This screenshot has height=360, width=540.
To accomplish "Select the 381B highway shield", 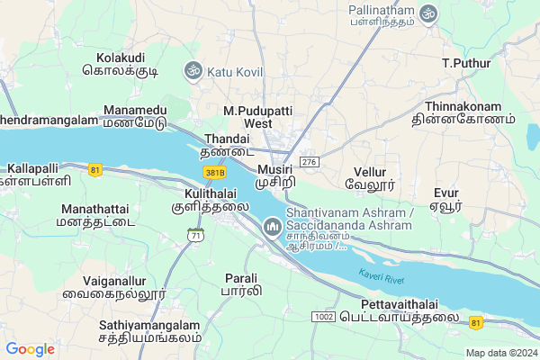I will pyautogui.click(x=214, y=172).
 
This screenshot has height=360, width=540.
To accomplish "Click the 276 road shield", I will pyautogui.click(x=310, y=161).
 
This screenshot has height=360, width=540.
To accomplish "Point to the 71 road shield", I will pyautogui.click(x=196, y=235).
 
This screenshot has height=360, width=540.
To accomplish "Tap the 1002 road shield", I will pyautogui.click(x=324, y=317).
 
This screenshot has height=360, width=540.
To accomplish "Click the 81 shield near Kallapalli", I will pyautogui.click(x=95, y=168).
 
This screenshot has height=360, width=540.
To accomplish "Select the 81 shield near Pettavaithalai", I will pyautogui.click(x=475, y=320).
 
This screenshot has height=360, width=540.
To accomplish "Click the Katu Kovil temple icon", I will pyautogui.click(x=192, y=69).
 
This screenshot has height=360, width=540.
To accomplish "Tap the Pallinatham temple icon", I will pyautogui.click(x=428, y=14).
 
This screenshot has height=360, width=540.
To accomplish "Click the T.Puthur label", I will pyautogui.click(x=464, y=63).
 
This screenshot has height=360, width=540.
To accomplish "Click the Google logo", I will pyautogui.click(x=30, y=349).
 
